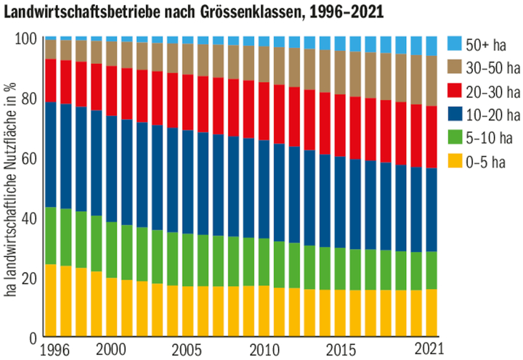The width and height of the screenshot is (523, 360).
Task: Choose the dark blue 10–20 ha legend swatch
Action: pos(455,115)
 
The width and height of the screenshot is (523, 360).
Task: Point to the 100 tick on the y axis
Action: pos(25,38)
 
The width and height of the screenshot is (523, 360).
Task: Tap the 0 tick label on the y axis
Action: pos(32,337)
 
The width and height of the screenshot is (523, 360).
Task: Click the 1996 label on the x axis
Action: pos(56,348)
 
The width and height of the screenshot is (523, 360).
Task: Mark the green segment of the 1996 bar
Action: pos(51,235)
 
